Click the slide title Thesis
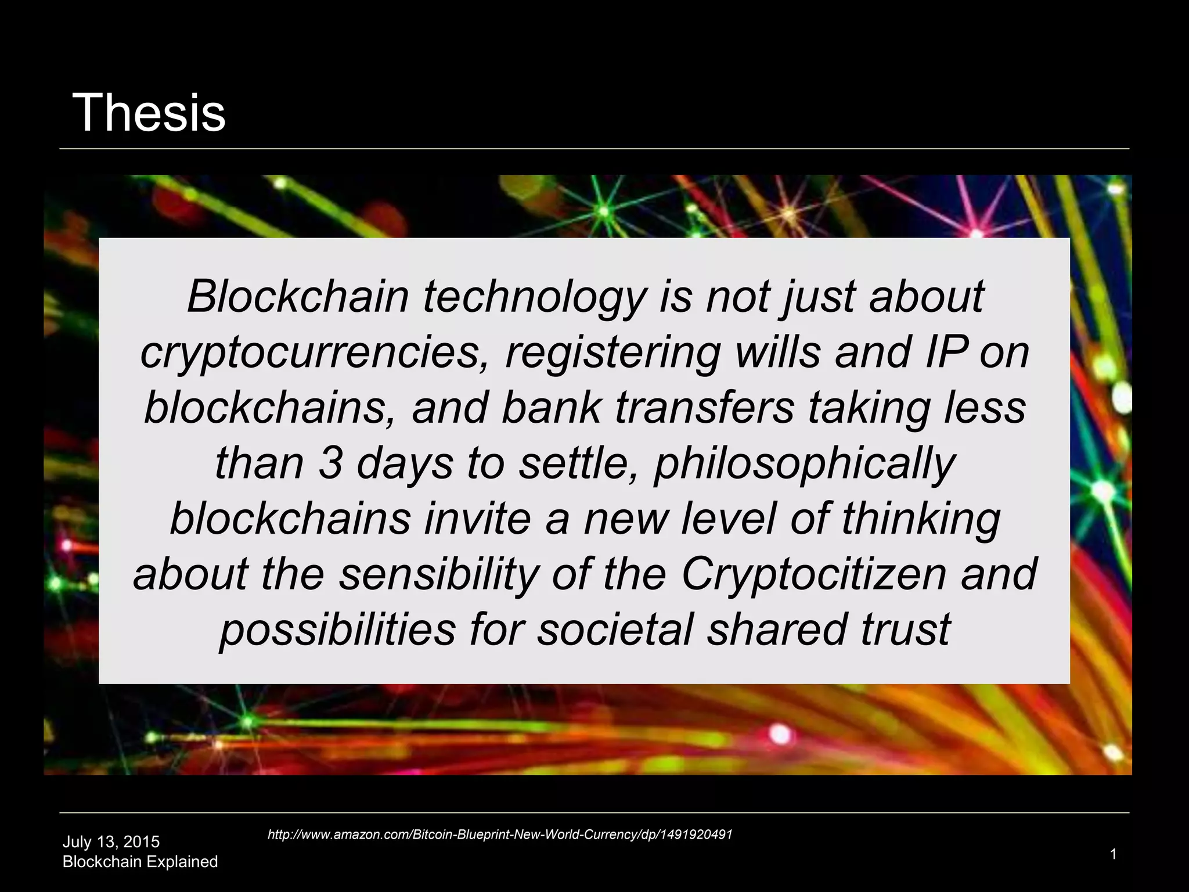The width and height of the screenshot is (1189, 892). (x=149, y=113)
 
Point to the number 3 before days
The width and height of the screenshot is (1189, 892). (x=330, y=463)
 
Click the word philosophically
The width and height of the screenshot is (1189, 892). (x=804, y=465)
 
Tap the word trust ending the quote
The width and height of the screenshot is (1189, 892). (x=905, y=630)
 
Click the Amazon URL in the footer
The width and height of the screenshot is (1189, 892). (x=500, y=835)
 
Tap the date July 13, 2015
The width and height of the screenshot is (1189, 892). (x=111, y=841)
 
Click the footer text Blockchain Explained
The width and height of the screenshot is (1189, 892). (x=140, y=862)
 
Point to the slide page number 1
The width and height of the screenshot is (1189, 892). (x=1113, y=854)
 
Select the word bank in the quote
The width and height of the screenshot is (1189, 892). (x=550, y=408)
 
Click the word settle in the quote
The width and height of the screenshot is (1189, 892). (x=578, y=463)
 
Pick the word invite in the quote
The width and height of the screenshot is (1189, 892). (x=477, y=519)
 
